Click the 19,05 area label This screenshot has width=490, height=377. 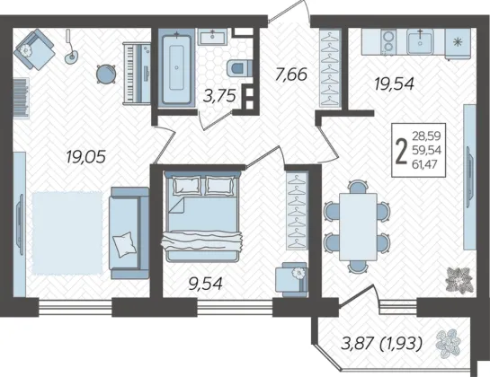pos(86,156)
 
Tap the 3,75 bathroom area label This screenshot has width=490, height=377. pos(218,96)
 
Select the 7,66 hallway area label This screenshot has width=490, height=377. pos(291,75)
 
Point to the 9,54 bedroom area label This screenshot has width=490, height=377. pos(205,284)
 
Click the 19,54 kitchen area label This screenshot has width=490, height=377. pos(394,83)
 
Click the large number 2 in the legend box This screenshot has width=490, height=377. pos(401,151)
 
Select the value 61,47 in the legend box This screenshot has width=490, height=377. pos(424,164)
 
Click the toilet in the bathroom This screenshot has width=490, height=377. pos(239,67)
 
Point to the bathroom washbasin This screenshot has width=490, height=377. pos(214,37)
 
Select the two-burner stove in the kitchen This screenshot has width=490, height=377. pos(388,42)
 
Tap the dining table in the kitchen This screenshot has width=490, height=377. pos(358,227)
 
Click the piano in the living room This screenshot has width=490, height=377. pos(137,74)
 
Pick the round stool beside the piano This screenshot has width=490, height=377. pos(106,74)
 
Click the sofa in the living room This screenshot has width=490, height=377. pos(129,232)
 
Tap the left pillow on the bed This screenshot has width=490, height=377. pos(187,186)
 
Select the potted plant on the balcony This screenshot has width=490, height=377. pos(448,344)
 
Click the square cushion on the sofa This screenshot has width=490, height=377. pos(124,244)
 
